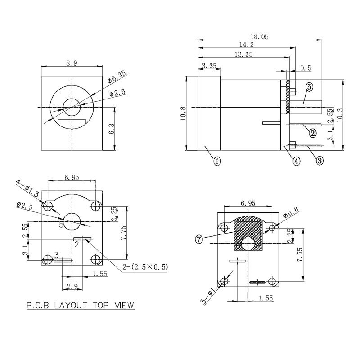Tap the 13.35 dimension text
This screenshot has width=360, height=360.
[x=243, y=55]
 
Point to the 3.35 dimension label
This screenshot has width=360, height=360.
[x=209, y=66]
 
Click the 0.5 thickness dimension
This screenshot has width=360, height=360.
[x=306, y=68]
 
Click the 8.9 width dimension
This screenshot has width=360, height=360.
[x=72, y=63]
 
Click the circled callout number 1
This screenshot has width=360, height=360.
[x=217, y=161]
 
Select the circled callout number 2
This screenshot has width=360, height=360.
[x=310, y=132]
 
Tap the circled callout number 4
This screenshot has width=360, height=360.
[x=296, y=161]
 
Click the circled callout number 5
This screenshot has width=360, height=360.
[x=310, y=87]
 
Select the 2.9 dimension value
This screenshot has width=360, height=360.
[x=71, y=286]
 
